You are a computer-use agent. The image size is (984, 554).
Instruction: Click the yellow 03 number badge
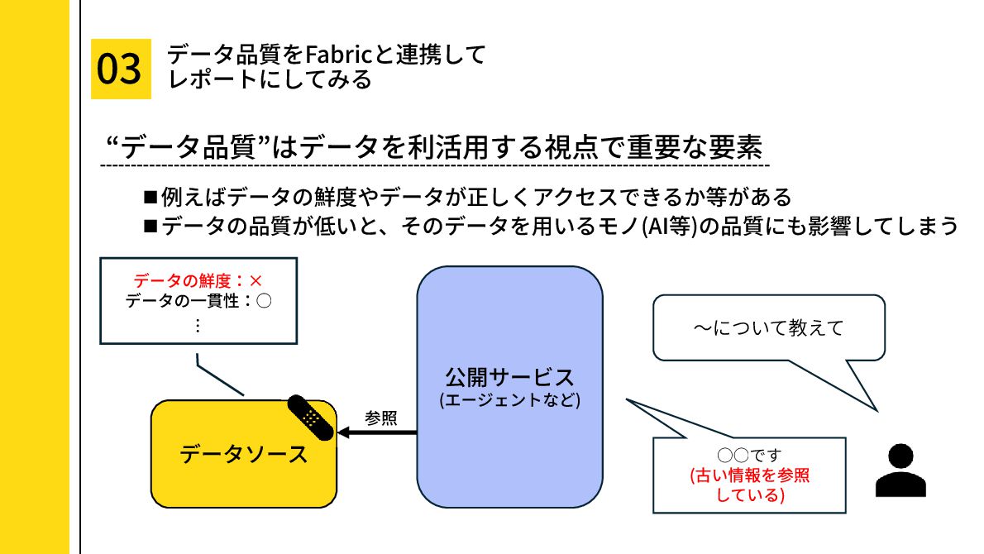[x=121, y=69]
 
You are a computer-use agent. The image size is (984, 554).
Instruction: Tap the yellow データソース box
[x=243, y=454]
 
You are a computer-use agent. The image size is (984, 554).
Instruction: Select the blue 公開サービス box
[x=509, y=386]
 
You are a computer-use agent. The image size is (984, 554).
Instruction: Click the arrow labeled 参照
[x=377, y=432]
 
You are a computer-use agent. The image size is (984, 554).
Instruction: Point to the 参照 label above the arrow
[x=380, y=418]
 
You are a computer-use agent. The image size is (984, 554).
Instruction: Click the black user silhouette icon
[x=900, y=470]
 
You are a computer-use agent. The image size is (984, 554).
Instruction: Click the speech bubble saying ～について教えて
[x=767, y=328]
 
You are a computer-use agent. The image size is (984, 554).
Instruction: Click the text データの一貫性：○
[x=198, y=302]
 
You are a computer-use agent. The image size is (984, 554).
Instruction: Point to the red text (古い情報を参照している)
[x=749, y=486]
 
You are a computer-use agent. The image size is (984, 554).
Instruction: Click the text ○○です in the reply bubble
[x=749, y=456]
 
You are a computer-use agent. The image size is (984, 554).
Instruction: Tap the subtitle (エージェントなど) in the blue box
[x=509, y=401]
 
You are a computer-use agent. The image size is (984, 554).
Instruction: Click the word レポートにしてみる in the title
[x=270, y=80]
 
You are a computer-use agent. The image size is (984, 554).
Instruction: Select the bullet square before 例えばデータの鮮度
[x=150, y=197]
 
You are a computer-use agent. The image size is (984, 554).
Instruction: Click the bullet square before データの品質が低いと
[x=150, y=225]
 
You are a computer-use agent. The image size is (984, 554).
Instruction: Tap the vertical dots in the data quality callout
[x=198, y=325]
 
